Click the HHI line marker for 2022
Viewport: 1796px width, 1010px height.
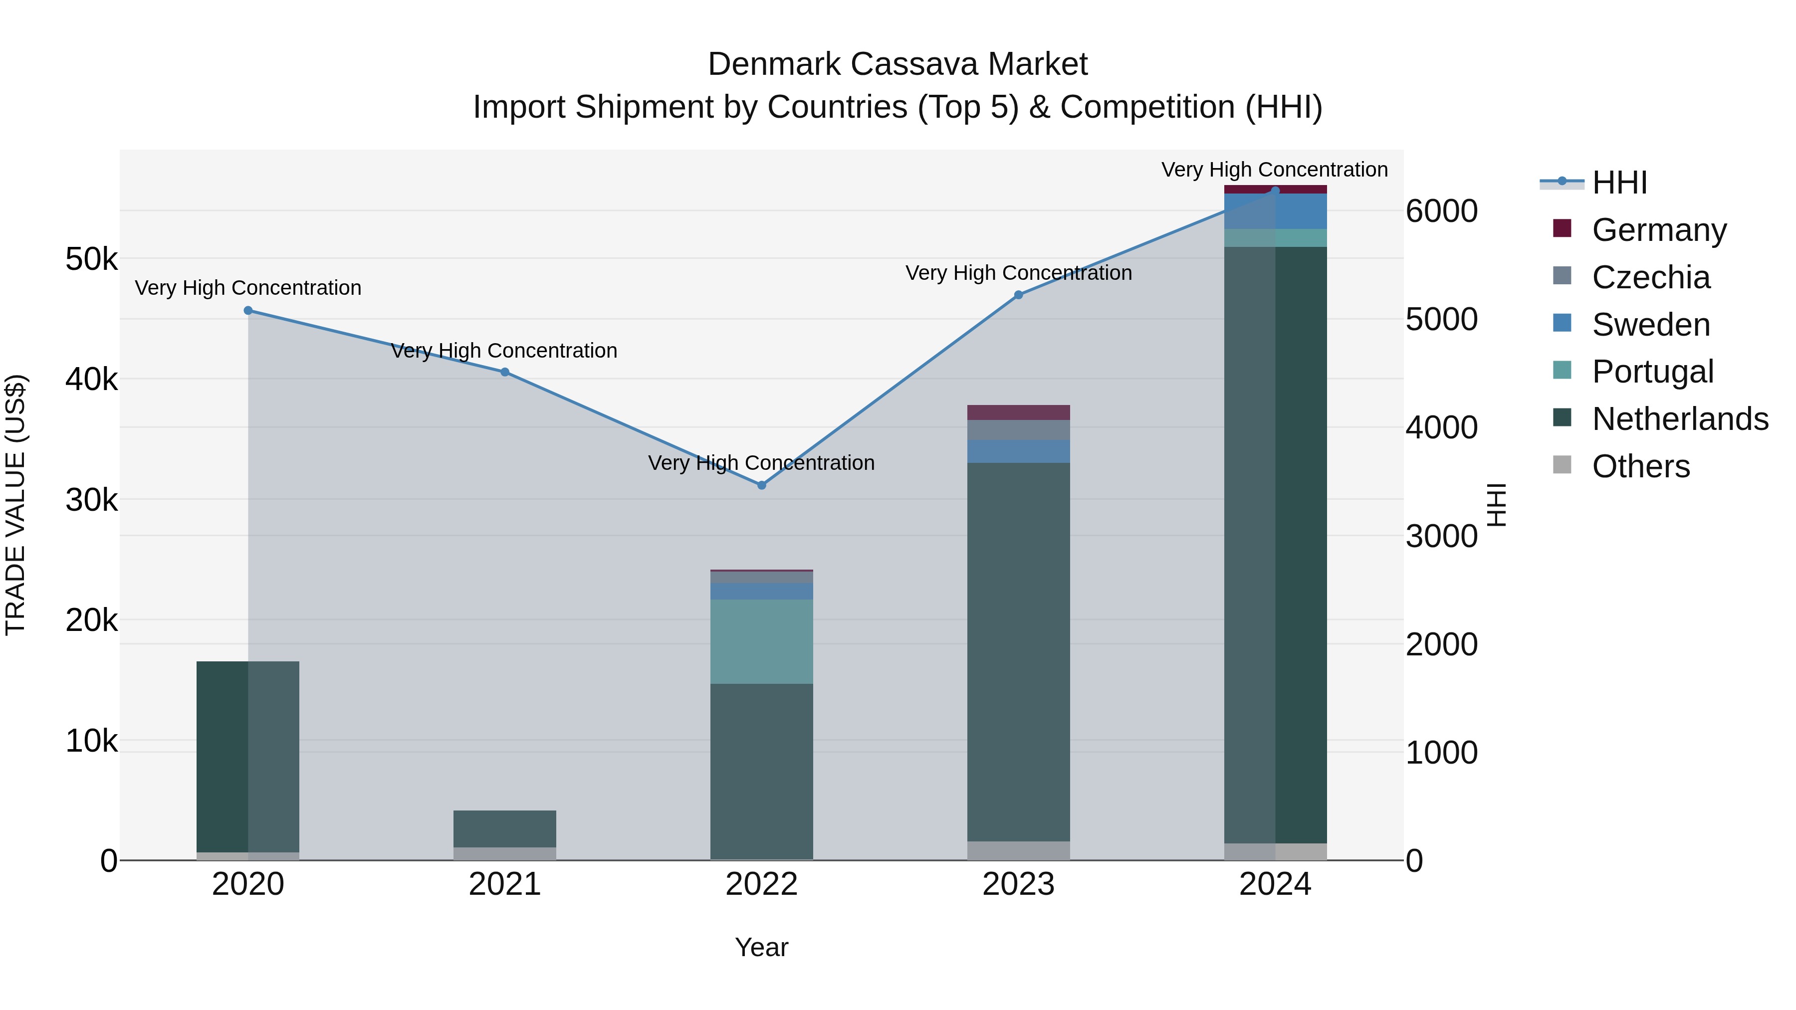[x=761, y=485]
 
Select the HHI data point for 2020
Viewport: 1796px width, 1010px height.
[x=248, y=311]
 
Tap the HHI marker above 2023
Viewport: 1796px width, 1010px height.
[x=1018, y=295]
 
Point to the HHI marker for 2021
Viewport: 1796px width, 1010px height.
[x=505, y=372]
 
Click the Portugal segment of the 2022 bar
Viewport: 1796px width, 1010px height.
[x=761, y=641]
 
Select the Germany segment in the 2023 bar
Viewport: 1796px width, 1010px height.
[x=1018, y=412]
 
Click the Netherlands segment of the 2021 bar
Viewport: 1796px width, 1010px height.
[x=505, y=829]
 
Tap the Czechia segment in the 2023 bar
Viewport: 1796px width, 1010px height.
[x=1018, y=430]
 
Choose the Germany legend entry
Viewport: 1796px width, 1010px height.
[x=1659, y=230]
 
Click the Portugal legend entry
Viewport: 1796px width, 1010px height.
[x=1652, y=372]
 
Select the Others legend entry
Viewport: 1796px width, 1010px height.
[x=1640, y=466]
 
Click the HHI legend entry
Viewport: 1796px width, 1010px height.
[x=1619, y=183]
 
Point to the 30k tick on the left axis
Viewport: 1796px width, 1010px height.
[x=91, y=500]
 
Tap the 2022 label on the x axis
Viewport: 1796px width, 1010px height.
[x=761, y=884]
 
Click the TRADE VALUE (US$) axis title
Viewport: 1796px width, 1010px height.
[x=15, y=505]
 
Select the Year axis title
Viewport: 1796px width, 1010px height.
[x=761, y=947]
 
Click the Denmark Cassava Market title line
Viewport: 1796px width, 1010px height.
[x=898, y=64]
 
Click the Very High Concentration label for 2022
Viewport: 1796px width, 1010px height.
[x=761, y=463]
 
